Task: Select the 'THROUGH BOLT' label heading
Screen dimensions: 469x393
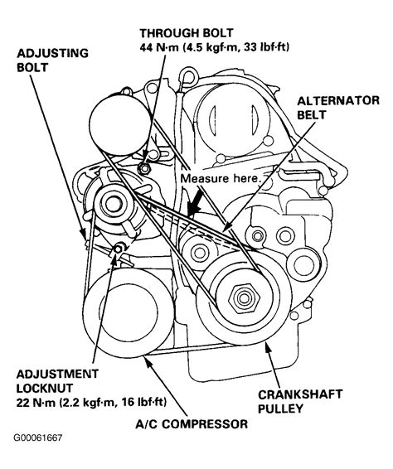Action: pyautogui.click(x=178, y=33)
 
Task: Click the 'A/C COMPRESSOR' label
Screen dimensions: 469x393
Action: pyautogui.click(x=192, y=424)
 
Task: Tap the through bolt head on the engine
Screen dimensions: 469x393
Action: pyautogui.click(x=147, y=168)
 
